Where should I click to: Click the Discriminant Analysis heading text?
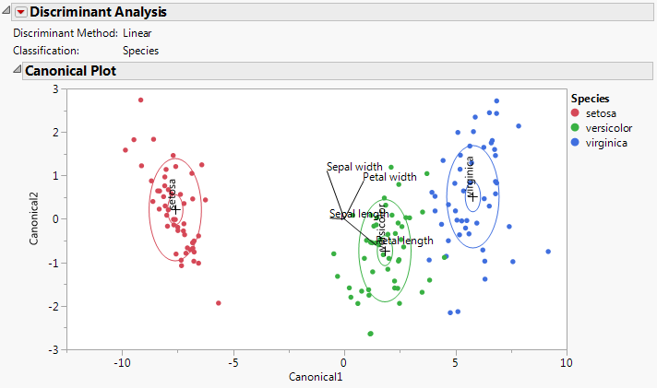pyautogui.click(x=99, y=12)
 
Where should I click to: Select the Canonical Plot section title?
pyautogui.click(x=69, y=70)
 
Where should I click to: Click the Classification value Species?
pyautogui.click(x=140, y=51)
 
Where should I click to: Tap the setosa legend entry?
pyautogui.click(x=601, y=113)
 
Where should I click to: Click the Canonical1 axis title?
pyautogui.click(x=316, y=377)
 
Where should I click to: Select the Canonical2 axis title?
pyautogui.click(x=34, y=218)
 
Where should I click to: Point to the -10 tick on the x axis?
pyautogui.click(x=122, y=362)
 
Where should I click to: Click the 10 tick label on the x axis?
pyautogui.click(x=566, y=362)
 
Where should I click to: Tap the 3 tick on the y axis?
pyautogui.click(x=55, y=88)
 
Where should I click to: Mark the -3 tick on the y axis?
pyautogui.click(x=54, y=350)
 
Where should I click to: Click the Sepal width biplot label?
pyautogui.click(x=354, y=168)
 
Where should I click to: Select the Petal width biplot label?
pyautogui.click(x=389, y=177)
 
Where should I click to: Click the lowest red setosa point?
pyautogui.click(x=219, y=302)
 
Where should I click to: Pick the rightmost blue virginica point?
pyautogui.click(x=548, y=251)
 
